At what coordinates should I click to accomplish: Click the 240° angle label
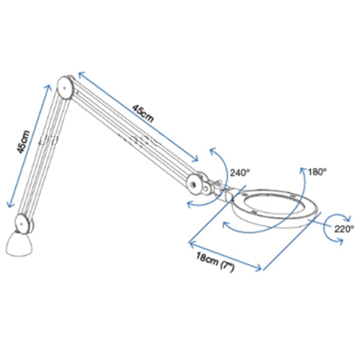240,172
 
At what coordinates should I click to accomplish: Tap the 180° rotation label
317,172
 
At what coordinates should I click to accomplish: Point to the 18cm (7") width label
215,262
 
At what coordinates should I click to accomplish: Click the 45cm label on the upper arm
143,114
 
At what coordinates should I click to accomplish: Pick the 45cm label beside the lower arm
23,142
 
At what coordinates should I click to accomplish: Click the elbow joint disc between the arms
65,88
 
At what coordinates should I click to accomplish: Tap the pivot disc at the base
22,223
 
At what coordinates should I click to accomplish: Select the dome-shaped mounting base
19,244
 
